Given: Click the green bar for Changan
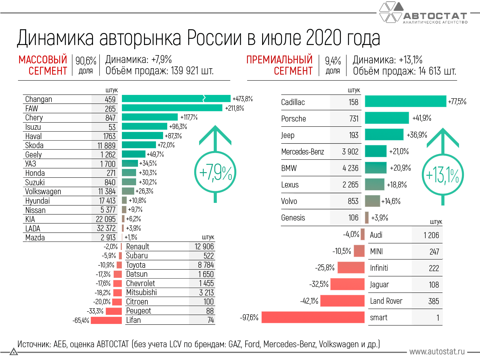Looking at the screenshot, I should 176,99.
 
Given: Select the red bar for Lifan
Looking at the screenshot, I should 106,320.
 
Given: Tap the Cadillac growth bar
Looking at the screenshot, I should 405,101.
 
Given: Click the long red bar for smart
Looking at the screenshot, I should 313,317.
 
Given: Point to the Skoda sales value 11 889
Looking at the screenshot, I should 106,145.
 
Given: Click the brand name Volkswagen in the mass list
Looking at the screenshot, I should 43,192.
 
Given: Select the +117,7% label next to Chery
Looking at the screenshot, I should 189,117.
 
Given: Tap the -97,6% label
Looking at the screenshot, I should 249,318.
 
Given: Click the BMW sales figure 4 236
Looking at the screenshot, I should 350,168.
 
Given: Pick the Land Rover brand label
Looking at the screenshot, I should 386,301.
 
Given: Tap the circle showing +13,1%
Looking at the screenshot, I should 443,175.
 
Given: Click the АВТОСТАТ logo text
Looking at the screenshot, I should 435,16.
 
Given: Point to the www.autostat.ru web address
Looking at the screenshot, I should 437,352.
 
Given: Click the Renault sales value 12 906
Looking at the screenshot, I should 204,247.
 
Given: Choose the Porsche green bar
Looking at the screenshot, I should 387,118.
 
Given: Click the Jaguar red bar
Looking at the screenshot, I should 348,284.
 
